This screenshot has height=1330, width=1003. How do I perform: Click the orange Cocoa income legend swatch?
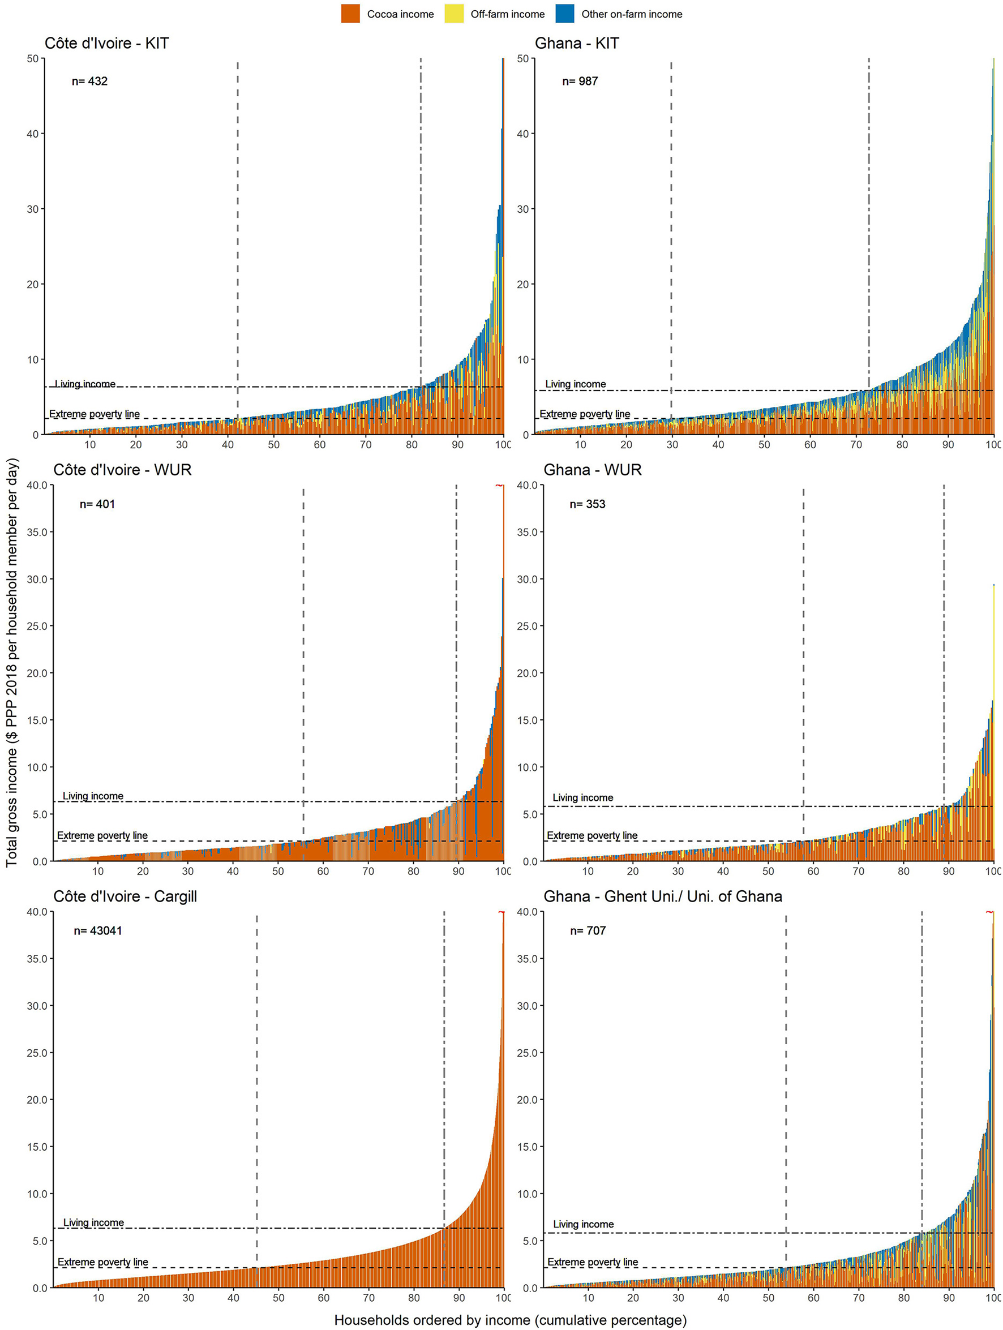(x=350, y=14)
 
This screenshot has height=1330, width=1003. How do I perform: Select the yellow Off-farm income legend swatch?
(x=454, y=14)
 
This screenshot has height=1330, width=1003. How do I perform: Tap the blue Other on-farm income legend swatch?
(x=565, y=14)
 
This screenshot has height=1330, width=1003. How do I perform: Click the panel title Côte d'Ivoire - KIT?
(x=106, y=43)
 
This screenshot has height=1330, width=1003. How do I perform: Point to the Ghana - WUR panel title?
(x=591, y=470)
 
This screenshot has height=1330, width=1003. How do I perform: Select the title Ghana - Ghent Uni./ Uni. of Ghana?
(x=662, y=896)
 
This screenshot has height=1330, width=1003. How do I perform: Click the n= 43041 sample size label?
(x=97, y=931)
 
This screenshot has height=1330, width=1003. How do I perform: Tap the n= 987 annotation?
(x=580, y=81)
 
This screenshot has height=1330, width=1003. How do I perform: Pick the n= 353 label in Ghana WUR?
(x=587, y=504)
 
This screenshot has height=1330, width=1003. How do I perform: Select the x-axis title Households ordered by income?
(x=510, y=1320)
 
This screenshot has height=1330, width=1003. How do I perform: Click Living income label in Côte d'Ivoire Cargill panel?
(x=93, y=1222)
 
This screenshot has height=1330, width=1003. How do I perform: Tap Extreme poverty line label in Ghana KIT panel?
(x=585, y=414)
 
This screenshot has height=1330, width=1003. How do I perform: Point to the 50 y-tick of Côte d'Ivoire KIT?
(x=32, y=58)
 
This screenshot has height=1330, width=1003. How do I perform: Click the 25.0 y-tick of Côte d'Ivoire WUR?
(x=37, y=626)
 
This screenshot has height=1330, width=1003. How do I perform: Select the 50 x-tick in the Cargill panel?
(x=278, y=1298)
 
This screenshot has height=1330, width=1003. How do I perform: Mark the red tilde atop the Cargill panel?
(x=501, y=913)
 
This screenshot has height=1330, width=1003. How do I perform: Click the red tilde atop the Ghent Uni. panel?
(x=989, y=913)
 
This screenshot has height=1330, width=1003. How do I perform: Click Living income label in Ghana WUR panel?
(x=582, y=797)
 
